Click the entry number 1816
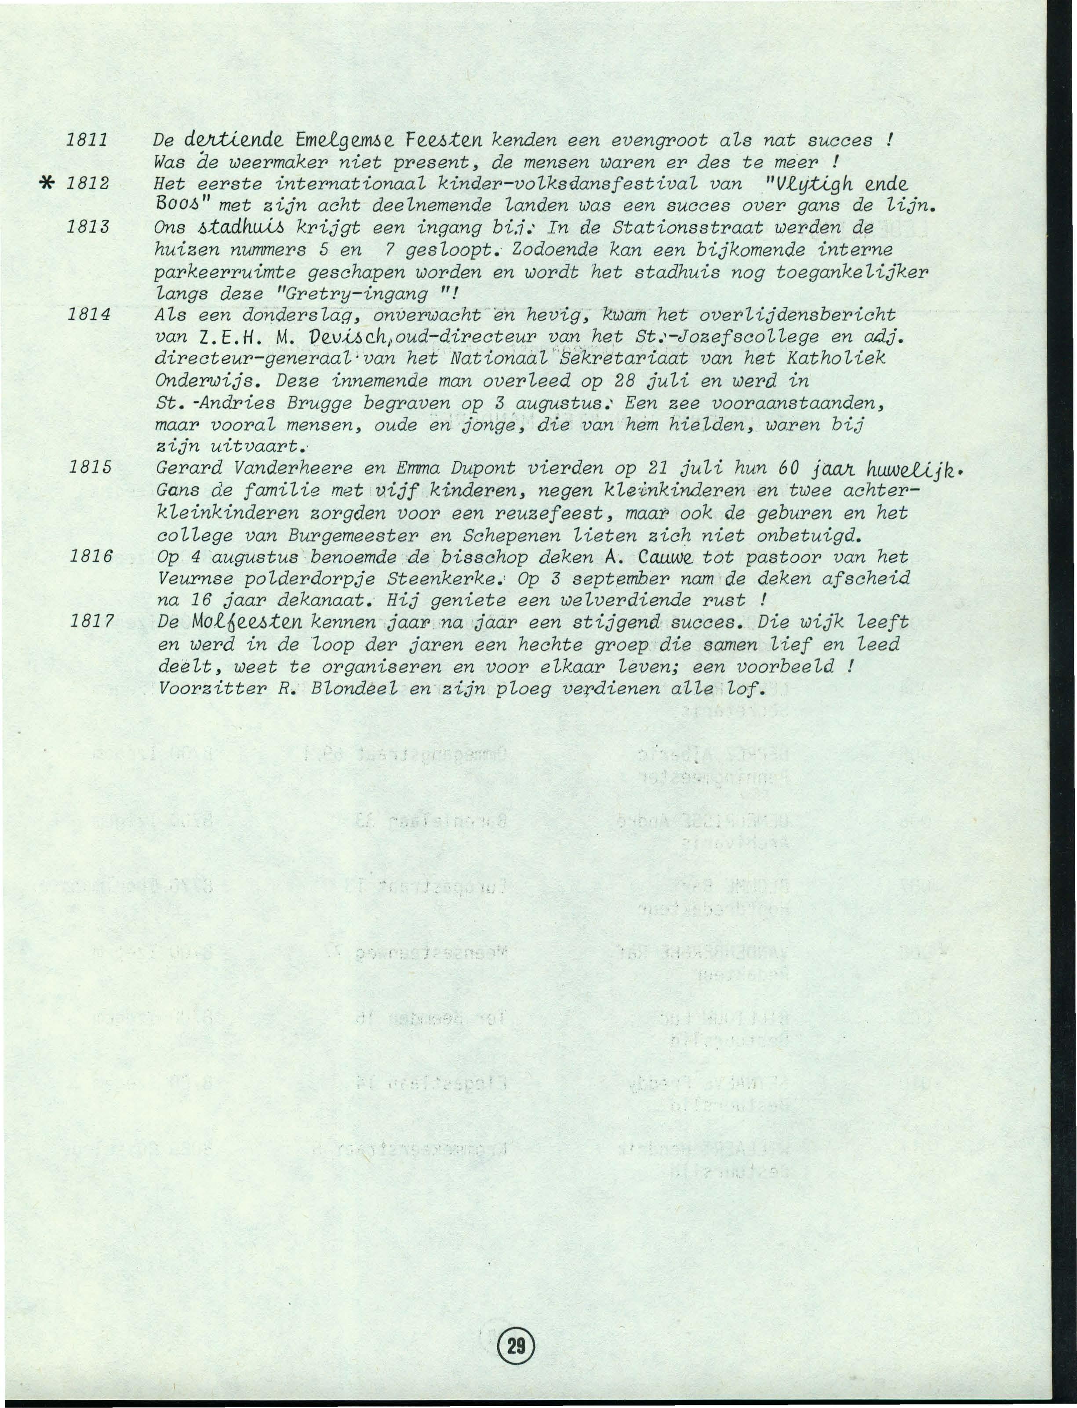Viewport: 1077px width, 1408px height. [91, 556]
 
